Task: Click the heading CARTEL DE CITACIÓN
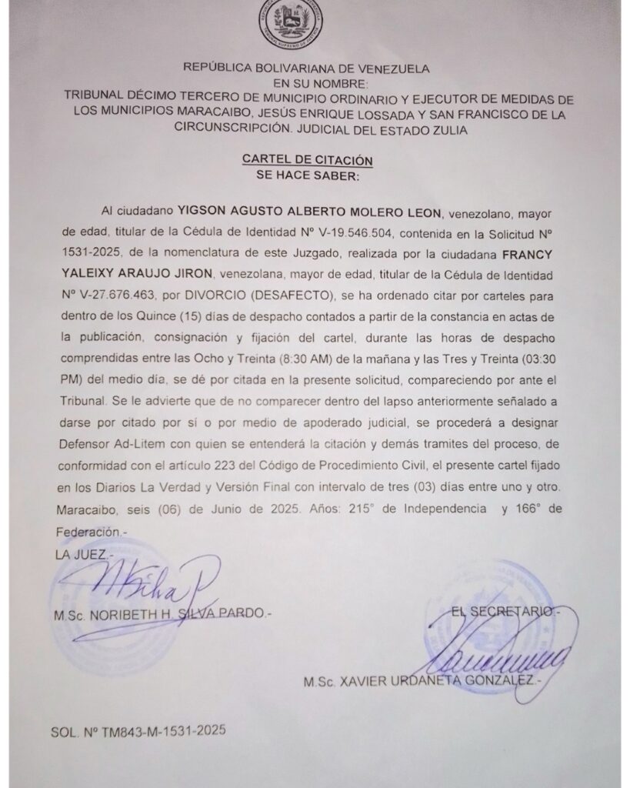[307, 159]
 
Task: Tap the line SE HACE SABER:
[307, 175]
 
